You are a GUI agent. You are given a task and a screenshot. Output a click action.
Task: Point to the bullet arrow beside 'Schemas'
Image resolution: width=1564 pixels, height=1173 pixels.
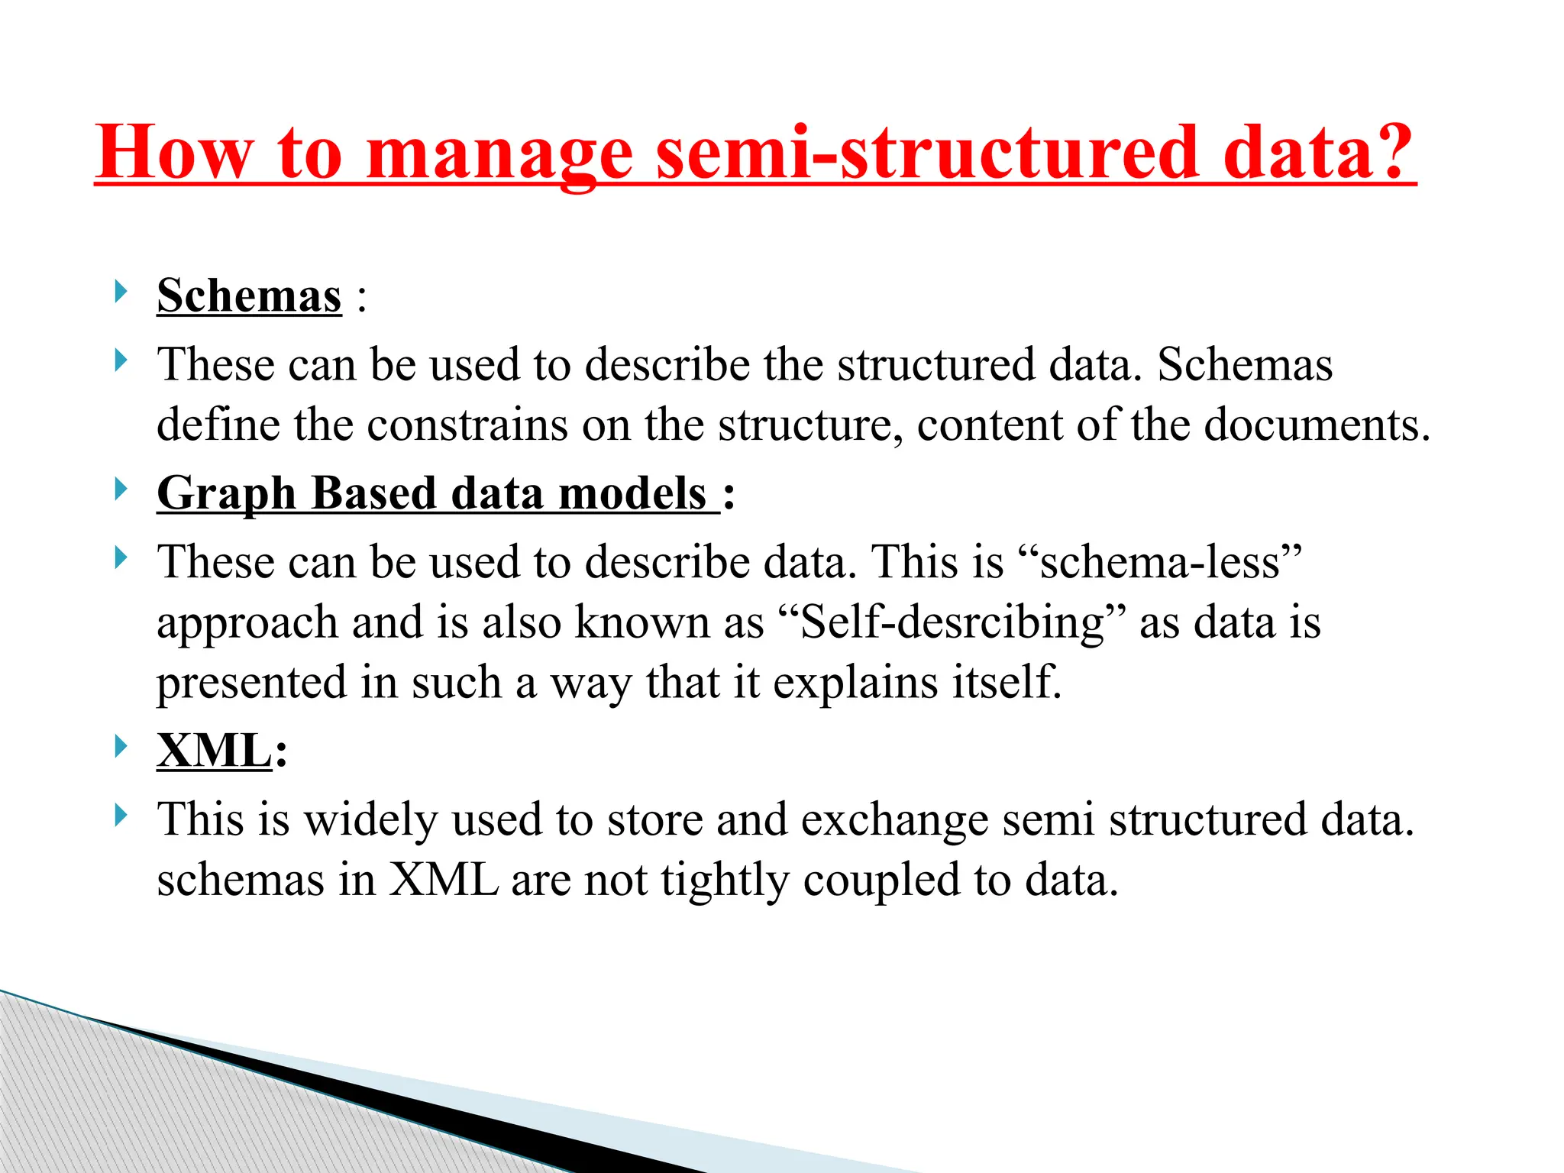coord(120,291)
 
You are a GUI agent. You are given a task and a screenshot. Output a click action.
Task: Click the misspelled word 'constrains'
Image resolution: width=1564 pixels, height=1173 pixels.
coord(467,425)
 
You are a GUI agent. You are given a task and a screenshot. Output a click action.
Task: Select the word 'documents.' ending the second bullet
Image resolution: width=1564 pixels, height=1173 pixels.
coord(1317,425)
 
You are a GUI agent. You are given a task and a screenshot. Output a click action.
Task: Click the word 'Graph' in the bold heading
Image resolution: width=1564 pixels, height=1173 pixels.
coord(226,494)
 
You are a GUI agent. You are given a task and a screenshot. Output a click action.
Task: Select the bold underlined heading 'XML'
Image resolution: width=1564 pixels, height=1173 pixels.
coord(215,751)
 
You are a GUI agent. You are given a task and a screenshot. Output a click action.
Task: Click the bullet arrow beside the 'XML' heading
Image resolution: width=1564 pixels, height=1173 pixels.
coord(120,746)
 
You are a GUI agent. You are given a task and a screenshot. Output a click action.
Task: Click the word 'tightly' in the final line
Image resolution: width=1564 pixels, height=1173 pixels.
coord(725,881)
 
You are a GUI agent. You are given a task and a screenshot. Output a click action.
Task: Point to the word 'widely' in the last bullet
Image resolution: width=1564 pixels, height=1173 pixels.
coord(371,820)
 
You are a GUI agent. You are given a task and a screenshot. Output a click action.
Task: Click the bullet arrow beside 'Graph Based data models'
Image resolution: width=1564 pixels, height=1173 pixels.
coord(120,489)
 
